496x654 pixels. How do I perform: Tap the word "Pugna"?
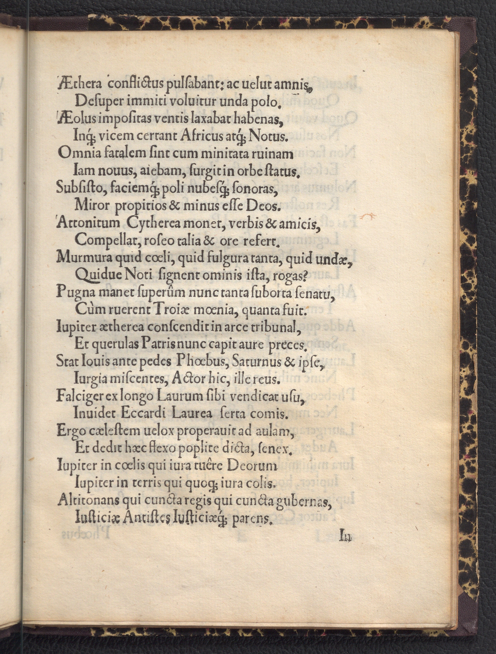click(73, 292)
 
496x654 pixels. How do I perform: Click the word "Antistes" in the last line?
click(143, 518)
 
